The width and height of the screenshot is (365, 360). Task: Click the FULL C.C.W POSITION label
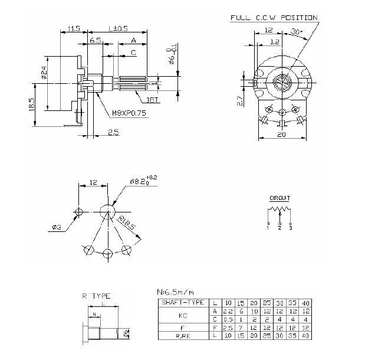point(274,18)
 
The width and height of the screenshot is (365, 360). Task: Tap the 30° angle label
point(297,32)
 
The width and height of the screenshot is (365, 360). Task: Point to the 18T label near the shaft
point(153,100)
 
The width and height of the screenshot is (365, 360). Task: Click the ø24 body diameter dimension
point(44,73)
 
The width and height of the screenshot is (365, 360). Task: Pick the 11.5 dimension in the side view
point(74,28)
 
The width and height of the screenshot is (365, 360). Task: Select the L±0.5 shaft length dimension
point(119,28)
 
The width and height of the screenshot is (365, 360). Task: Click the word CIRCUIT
point(279,199)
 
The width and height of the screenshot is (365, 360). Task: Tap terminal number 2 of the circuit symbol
point(279,228)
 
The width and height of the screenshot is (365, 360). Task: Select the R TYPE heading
point(97,296)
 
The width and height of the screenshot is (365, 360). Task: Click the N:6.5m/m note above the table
point(175,292)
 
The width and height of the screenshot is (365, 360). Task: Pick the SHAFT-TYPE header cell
point(182,302)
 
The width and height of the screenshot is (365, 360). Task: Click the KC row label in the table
point(182,315)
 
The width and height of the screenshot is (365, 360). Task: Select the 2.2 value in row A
point(227,311)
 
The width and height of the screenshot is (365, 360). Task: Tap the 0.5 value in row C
point(227,319)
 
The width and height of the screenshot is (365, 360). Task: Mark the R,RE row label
point(182,336)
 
